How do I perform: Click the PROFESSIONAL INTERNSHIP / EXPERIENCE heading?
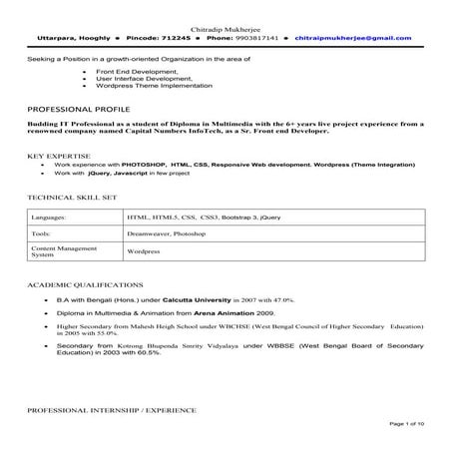(x=112, y=409)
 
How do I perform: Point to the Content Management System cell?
(x=61, y=250)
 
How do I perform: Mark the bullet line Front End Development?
(x=134, y=73)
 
